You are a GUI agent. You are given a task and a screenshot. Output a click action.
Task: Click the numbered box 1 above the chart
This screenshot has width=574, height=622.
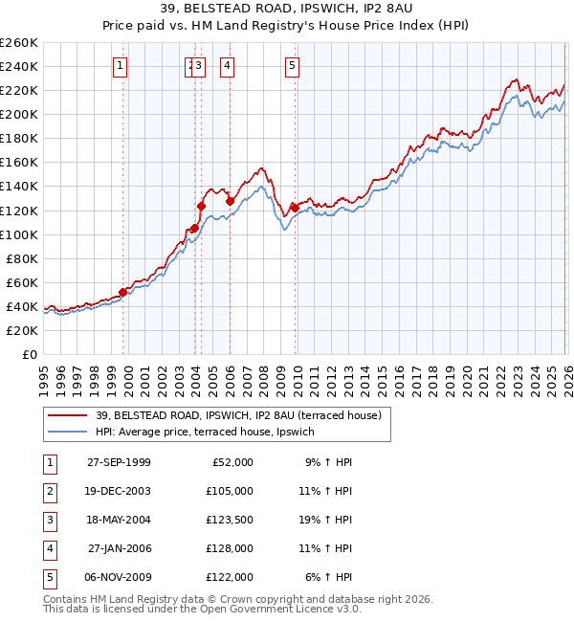click(x=120, y=66)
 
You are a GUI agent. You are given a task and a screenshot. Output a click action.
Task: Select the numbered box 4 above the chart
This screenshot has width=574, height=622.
click(x=228, y=66)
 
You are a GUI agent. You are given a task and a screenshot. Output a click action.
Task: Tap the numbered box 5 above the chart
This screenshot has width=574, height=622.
click(x=291, y=66)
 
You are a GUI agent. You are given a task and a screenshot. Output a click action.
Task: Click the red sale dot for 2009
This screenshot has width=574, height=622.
click(x=295, y=208)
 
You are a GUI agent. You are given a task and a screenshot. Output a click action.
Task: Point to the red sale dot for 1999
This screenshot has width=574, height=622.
click(x=123, y=292)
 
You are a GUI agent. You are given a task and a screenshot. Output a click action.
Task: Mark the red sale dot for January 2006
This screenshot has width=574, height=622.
click(x=230, y=201)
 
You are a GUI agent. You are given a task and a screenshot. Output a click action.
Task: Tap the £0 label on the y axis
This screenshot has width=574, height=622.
click(x=29, y=354)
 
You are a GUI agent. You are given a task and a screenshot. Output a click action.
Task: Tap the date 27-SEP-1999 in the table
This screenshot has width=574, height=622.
click(x=119, y=462)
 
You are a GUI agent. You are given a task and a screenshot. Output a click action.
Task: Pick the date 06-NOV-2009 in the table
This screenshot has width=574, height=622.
click(x=119, y=577)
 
